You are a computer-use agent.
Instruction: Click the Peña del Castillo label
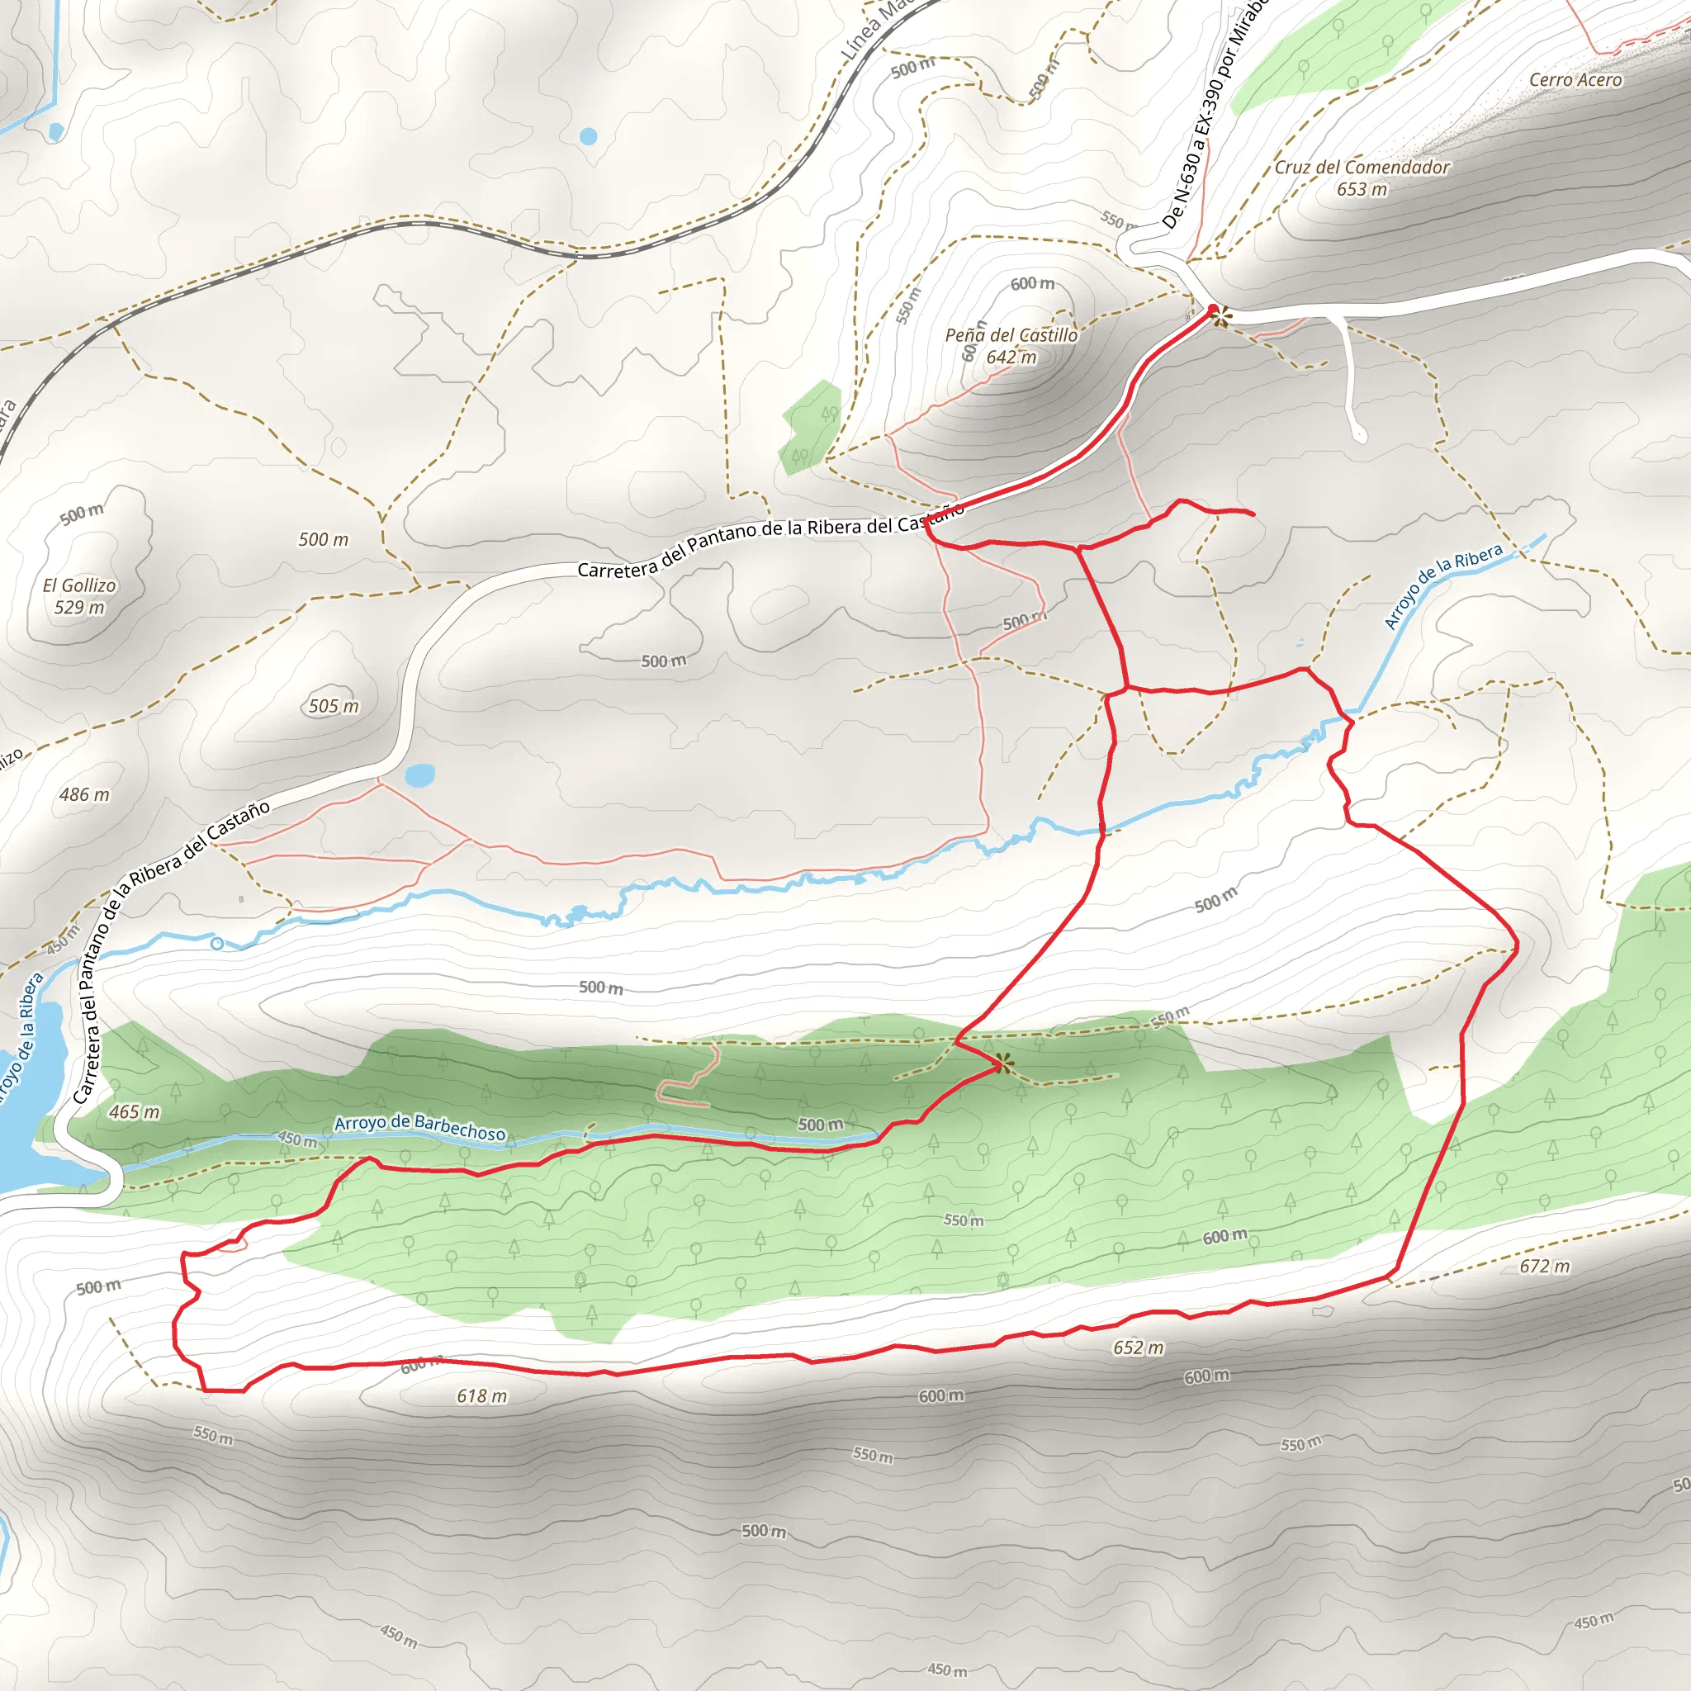click(1011, 335)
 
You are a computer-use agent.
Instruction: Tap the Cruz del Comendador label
click(1362, 167)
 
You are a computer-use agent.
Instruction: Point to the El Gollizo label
click(79, 585)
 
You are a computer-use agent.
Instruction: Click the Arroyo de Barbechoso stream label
click(420, 1127)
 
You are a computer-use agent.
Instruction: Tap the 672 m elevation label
click(1545, 1267)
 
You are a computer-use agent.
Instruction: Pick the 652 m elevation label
click(1138, 1348)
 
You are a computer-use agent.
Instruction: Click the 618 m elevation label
click(481, 1396)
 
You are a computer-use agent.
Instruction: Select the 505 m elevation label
click(334, 706)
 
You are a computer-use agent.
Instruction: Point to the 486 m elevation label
click(85, 795)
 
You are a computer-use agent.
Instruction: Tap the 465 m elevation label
click(135, 1112)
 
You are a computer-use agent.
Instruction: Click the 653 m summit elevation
click(1362, 189)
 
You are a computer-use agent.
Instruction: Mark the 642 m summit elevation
click(1011, 357)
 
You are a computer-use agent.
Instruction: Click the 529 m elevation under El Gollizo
click(79, 608)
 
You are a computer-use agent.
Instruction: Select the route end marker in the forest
click(1002, 1064)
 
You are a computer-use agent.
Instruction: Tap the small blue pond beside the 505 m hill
click(420, 775)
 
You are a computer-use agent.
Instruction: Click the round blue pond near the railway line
click(588, 136)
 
